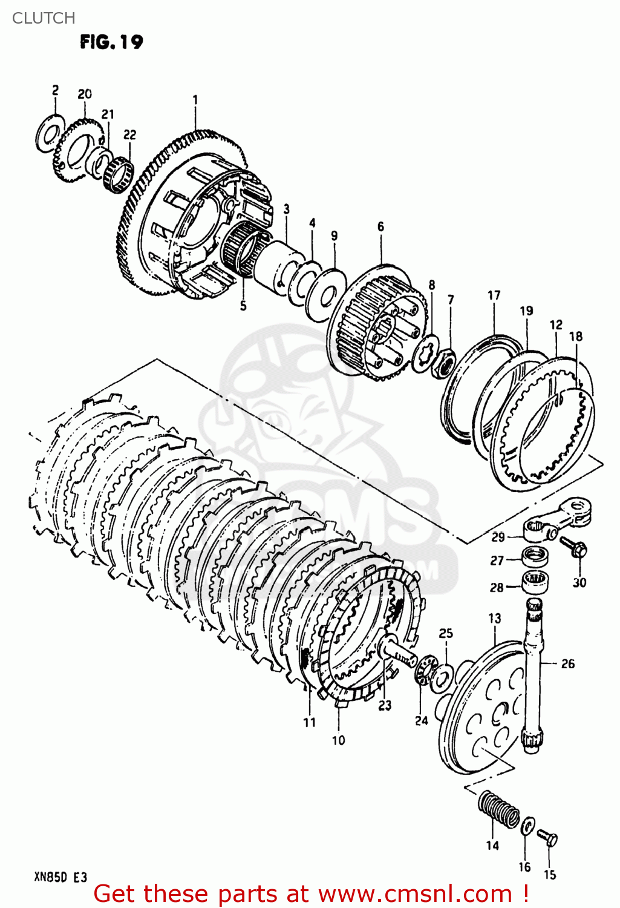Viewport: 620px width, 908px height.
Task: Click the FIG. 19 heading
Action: (x=111, y=42)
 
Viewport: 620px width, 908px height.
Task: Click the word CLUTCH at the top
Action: (x=44, y=18)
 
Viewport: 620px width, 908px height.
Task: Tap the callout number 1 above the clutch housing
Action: (x=195, y=100)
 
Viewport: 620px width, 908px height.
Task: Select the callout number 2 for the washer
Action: (x=56, y=91)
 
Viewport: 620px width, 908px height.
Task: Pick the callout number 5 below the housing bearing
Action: (x=243, y=306)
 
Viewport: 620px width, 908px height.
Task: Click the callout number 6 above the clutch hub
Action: (x=380, y=226)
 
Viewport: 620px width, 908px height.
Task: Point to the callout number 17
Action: (x=494, y=295)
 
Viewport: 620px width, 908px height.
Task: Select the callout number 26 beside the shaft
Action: (x=568, y=664)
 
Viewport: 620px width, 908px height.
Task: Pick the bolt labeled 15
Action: (x=548, y=838)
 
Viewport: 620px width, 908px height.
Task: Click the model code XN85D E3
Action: (x=60, y=878)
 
